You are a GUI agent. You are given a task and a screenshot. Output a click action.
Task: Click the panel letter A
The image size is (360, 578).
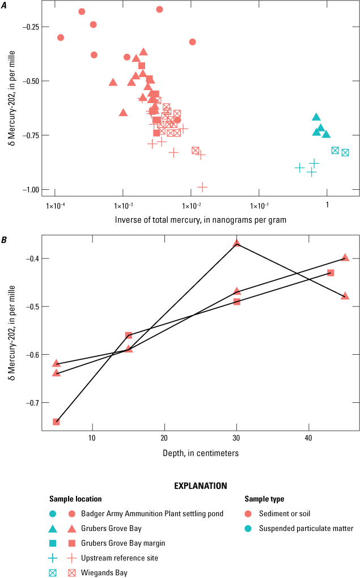[x=5, y=6]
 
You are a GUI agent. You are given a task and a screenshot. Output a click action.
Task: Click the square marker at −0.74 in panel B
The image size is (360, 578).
[x=56, y=422]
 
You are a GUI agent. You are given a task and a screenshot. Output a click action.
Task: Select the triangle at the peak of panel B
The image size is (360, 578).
[x=237, y=243]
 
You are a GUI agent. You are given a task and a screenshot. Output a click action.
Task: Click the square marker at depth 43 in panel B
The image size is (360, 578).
[x=331, y=273]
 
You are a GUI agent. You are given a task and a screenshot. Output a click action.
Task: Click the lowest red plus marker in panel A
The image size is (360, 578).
[x=202, y=186]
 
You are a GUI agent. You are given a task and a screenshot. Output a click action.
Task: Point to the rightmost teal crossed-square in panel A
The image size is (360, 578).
[x=345, y=152]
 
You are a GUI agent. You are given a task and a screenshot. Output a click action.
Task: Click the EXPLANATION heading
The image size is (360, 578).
[x=200, y=486]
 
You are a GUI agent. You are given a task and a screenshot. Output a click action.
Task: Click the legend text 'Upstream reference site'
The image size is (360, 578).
[x=119, y=558]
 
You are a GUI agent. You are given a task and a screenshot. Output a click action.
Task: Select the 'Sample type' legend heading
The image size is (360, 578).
[x=264, y=499]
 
